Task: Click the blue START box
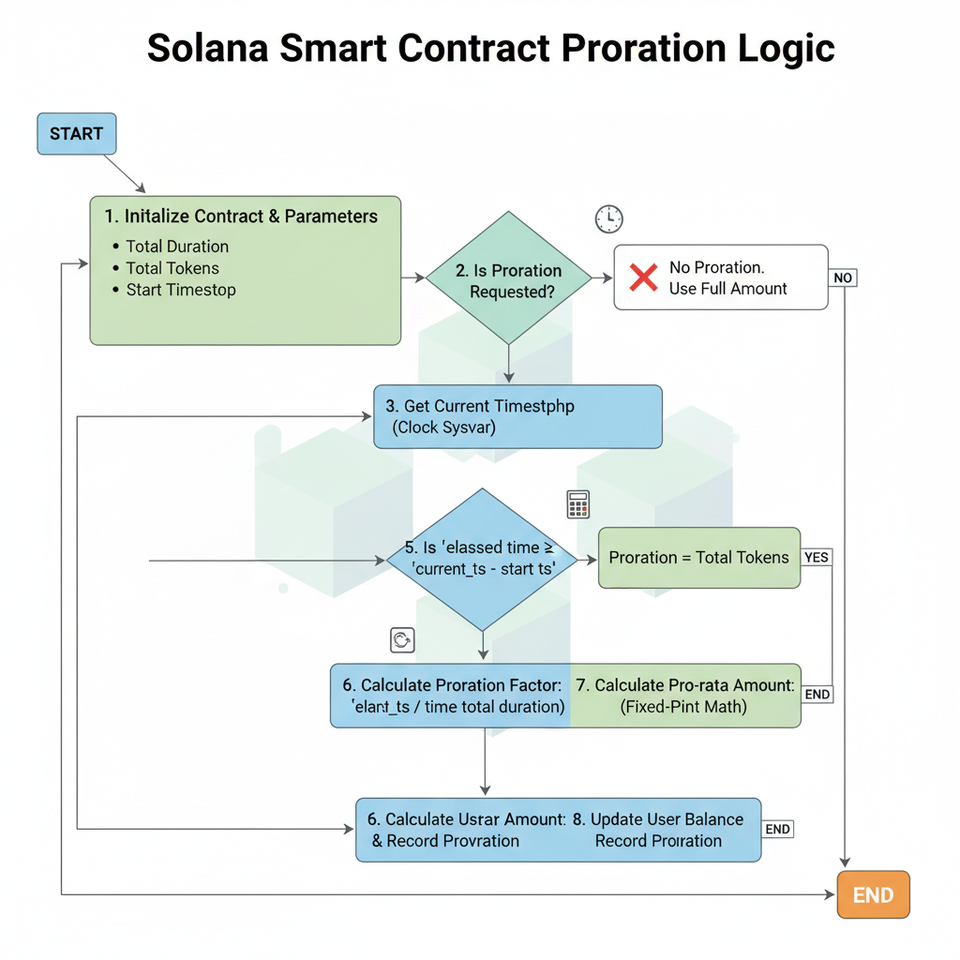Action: click(x=76, y=134)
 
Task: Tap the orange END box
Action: click(x=872, y=894)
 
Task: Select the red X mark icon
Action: click(x=643, y=277)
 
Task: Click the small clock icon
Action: click(x=608, y=219)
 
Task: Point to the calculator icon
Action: click(x=578, y=504)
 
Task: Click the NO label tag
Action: click(x=843, y=277)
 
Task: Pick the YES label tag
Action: click(x=817, y=557)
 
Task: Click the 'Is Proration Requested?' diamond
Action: click(x=508, y=278)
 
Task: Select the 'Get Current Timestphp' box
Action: click(x=517, y=416)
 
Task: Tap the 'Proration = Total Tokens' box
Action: click(x=698, y=558)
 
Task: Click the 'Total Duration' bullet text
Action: click(x=177, y=247)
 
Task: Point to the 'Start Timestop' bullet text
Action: click(x=181, y=290)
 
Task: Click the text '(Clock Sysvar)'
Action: click(x=443, y=427)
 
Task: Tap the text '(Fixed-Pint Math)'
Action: click(x=683, y=707)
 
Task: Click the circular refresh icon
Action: click(x=402, y=640)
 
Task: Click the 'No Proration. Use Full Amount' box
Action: click(x=720, y=277)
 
